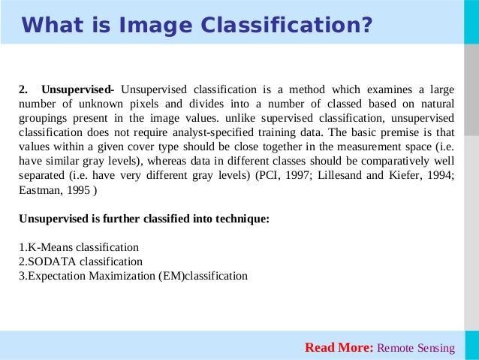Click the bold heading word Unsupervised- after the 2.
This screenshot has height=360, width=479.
(77, 90)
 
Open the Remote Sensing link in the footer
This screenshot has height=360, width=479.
(415, 347)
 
